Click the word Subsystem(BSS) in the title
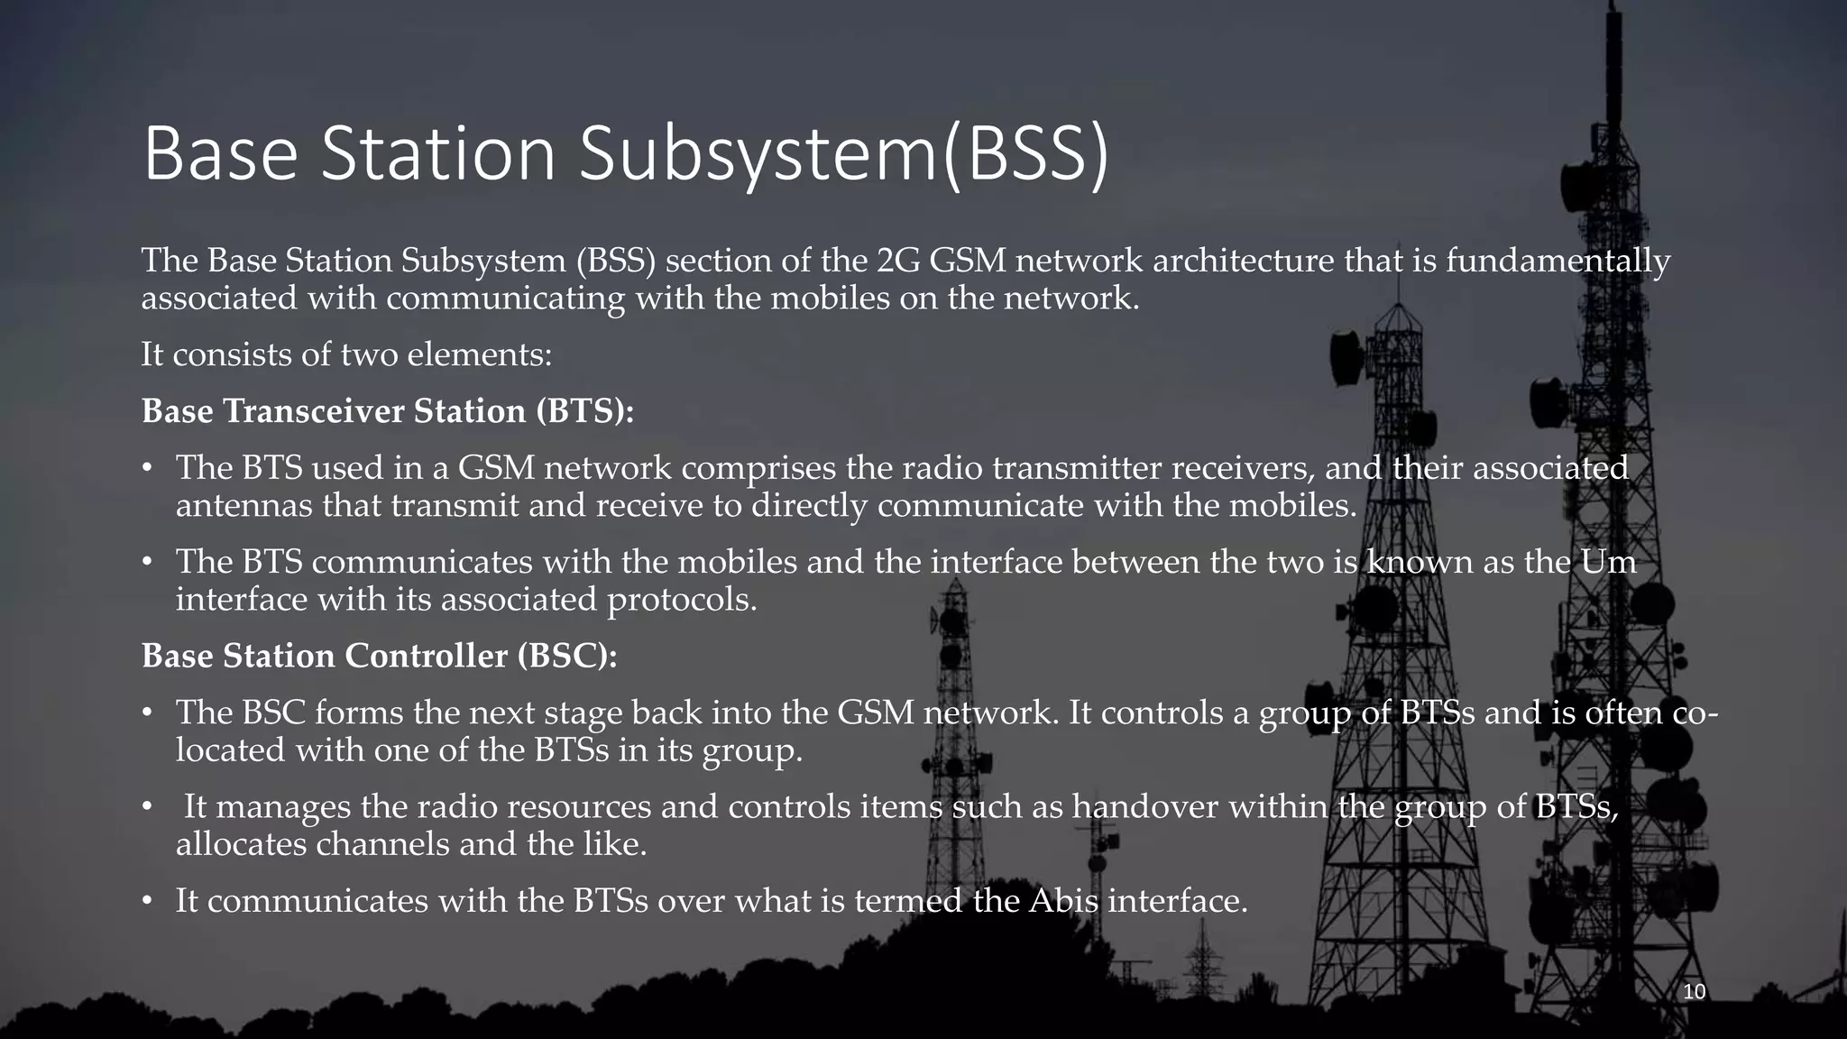843,154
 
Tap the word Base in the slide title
220,154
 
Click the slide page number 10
1695,992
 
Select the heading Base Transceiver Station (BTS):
388,411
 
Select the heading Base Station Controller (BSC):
380,656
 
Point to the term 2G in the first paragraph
897,261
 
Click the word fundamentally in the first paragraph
1558,261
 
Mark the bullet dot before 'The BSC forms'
147,713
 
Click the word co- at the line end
1695,713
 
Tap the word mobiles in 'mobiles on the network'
829,298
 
